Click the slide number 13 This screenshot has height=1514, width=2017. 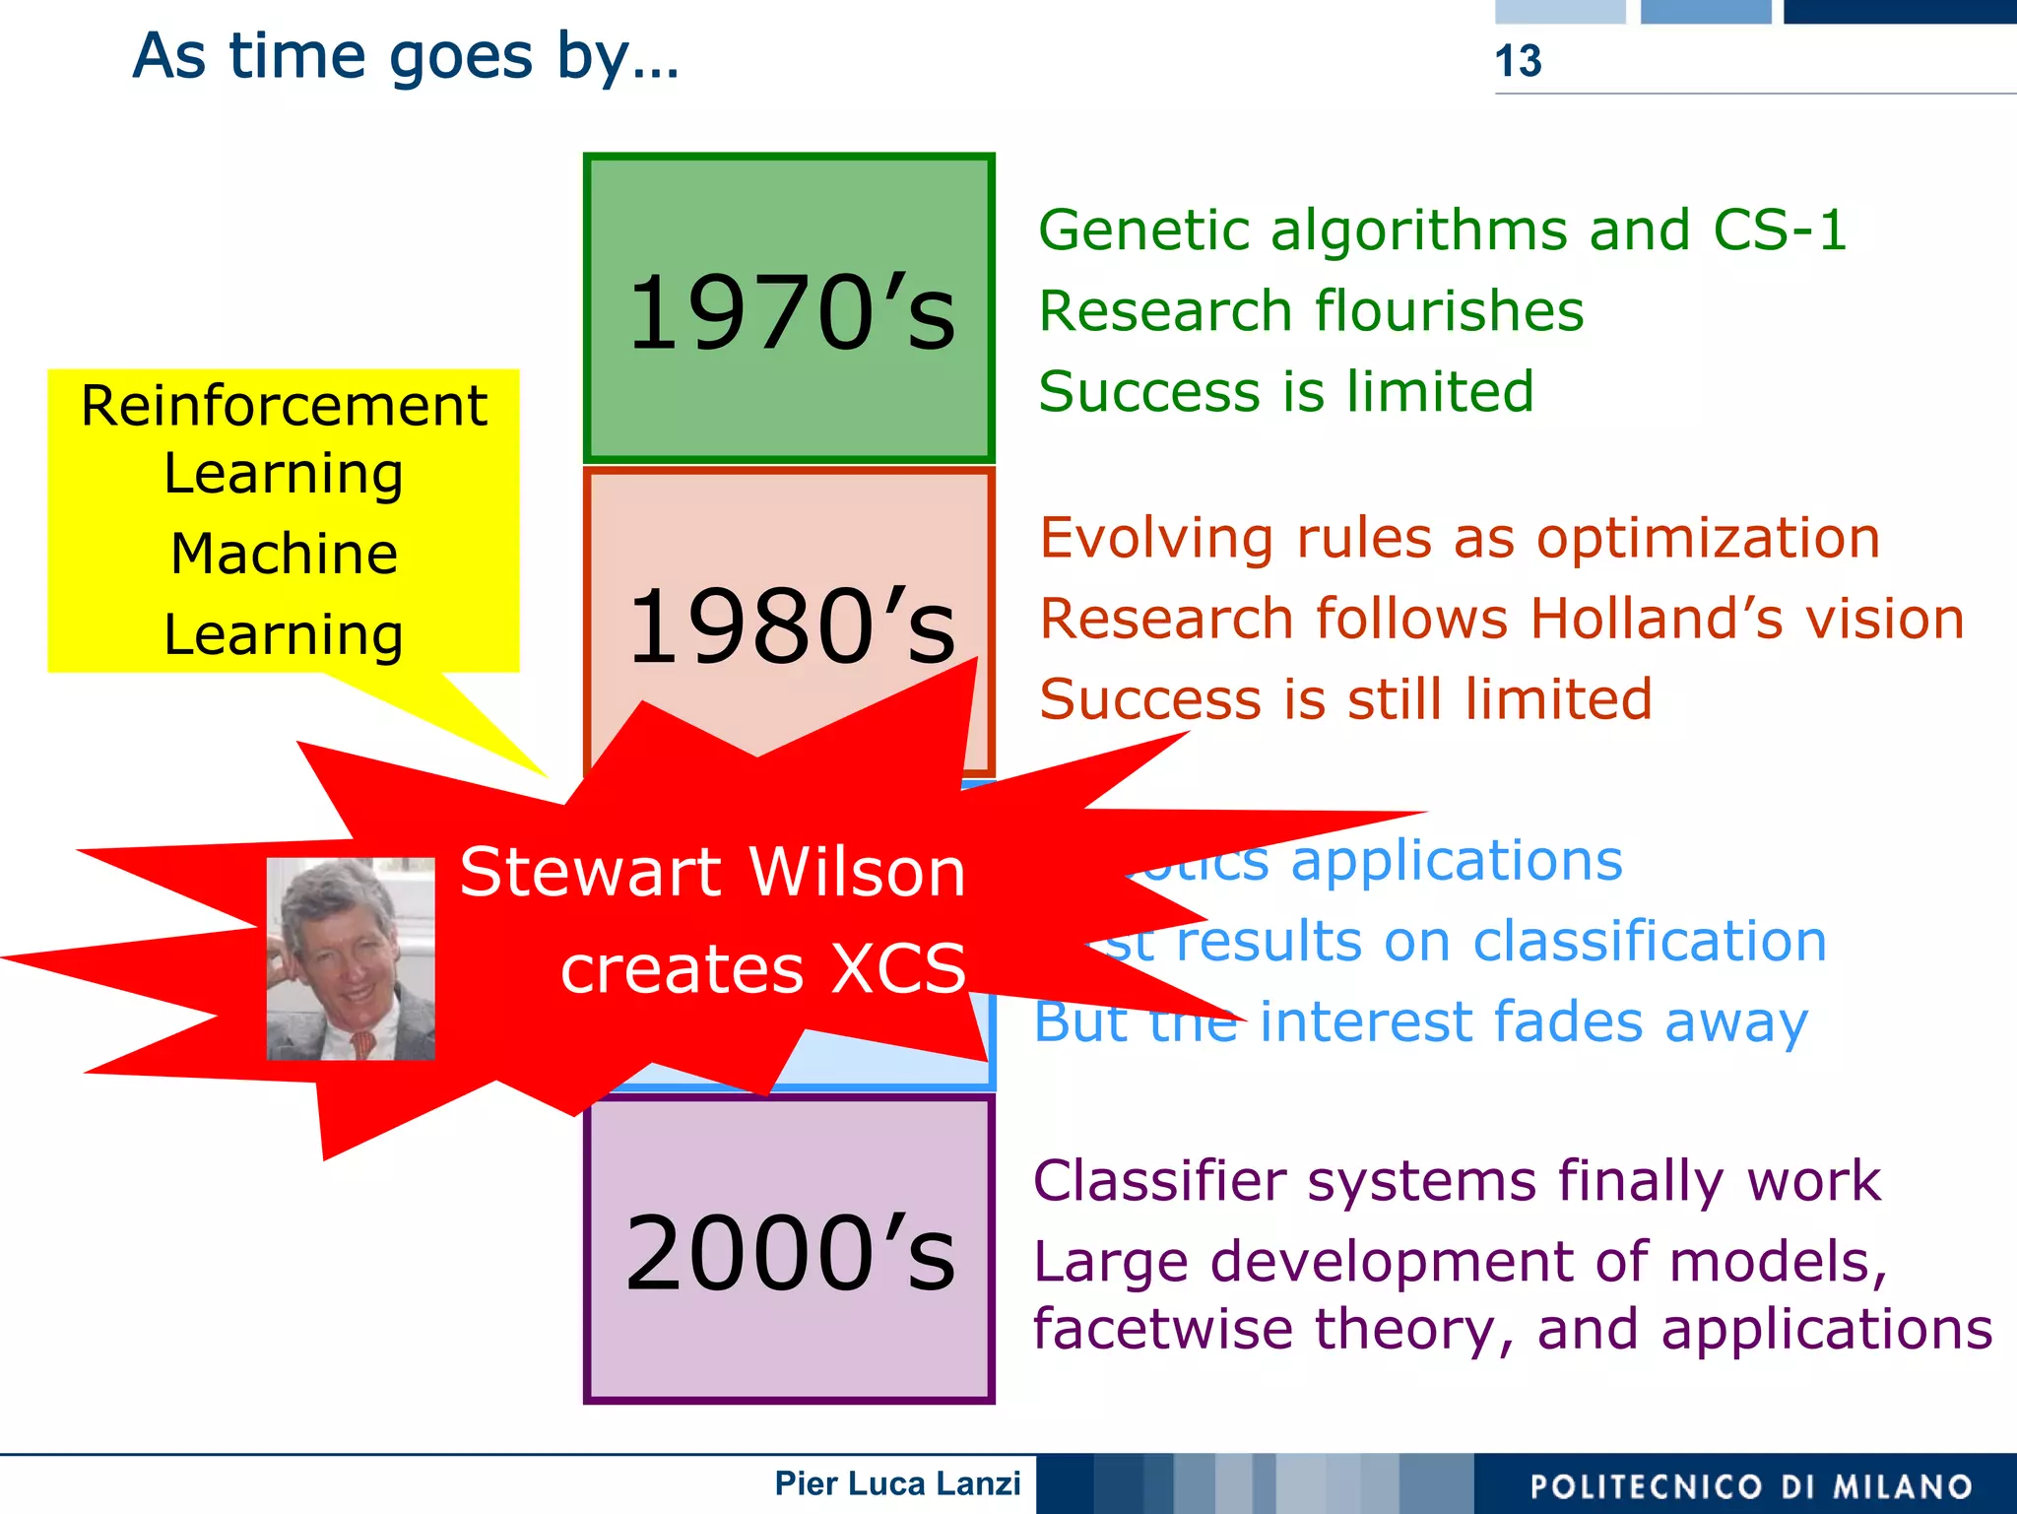click(1518, 61)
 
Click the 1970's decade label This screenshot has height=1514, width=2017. click(791, 313)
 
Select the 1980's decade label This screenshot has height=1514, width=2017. click(791, 626)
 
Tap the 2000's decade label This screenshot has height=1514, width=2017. click(791, 1253)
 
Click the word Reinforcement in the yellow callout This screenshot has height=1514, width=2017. click(284, 406)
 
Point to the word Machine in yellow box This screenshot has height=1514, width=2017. click(284, 554)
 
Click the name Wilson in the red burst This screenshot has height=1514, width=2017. click(856, 873)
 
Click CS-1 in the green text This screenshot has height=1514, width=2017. click(1779, 230)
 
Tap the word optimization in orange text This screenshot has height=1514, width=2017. click(1708, 539)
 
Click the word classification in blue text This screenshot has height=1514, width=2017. click(1650, 942)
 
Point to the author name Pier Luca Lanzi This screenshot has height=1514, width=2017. click(897, 1483)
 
